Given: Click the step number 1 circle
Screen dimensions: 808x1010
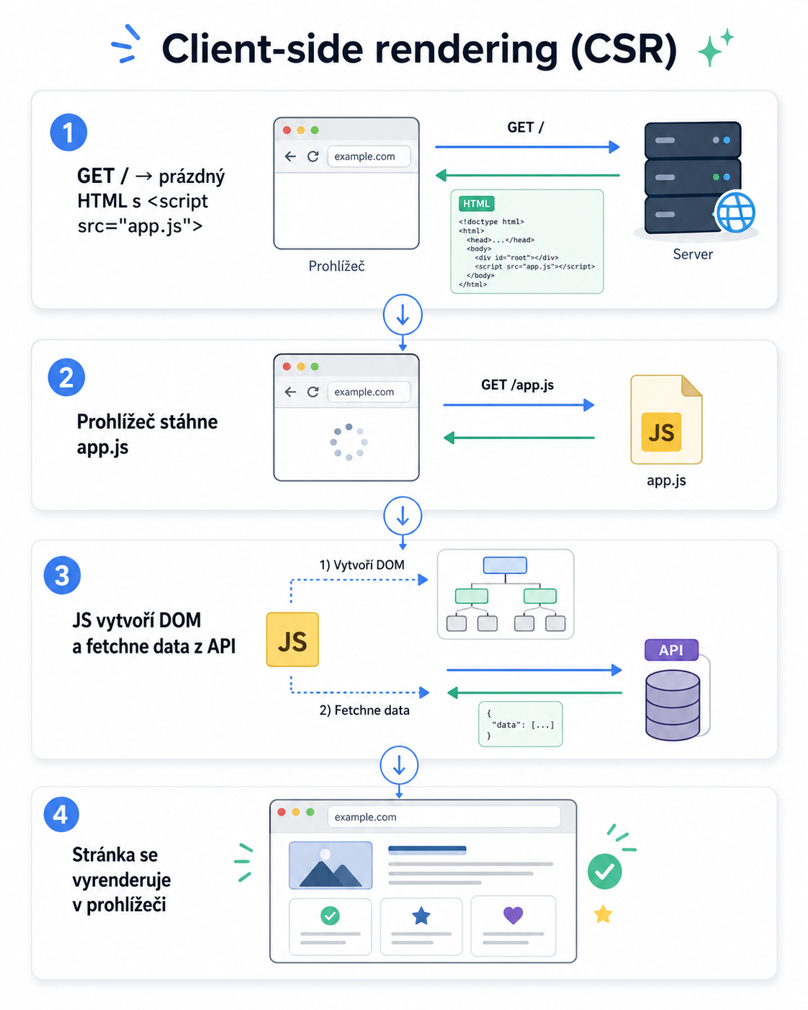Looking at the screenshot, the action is (68, 133).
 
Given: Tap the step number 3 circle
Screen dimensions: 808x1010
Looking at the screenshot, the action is (63, 575).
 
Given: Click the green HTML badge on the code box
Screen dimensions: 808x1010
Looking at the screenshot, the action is (476, 204).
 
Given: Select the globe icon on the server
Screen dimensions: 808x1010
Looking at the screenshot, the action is (735, 212).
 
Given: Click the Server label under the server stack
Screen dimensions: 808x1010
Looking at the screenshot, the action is (693, 254).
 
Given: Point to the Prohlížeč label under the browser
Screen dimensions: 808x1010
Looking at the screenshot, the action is (336, 266).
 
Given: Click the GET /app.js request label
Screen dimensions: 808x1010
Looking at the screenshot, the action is (517, 385).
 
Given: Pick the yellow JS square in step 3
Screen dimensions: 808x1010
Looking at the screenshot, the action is (292, 640).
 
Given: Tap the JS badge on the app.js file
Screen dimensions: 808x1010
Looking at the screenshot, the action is (661, 432).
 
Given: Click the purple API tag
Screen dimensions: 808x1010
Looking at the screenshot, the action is (671, 650).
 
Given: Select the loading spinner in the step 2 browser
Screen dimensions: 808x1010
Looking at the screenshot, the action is (349, 442).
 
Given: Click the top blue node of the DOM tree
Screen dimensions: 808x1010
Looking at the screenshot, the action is (505, 565).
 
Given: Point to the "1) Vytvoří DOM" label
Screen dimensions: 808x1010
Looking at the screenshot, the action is (362, 565).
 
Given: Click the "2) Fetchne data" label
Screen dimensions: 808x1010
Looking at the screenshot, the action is (364, 710).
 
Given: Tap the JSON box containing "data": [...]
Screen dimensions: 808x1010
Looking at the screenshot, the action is (521, 724).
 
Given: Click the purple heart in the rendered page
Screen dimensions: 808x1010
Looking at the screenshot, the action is (513, 915).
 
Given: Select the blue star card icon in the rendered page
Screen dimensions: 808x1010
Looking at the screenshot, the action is (421, 915).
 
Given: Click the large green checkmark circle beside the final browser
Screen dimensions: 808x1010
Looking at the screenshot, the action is (605, 872).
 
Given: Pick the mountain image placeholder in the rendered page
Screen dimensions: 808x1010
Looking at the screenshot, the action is (331, 865).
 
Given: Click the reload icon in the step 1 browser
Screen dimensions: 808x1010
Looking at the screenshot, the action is (313, 156).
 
